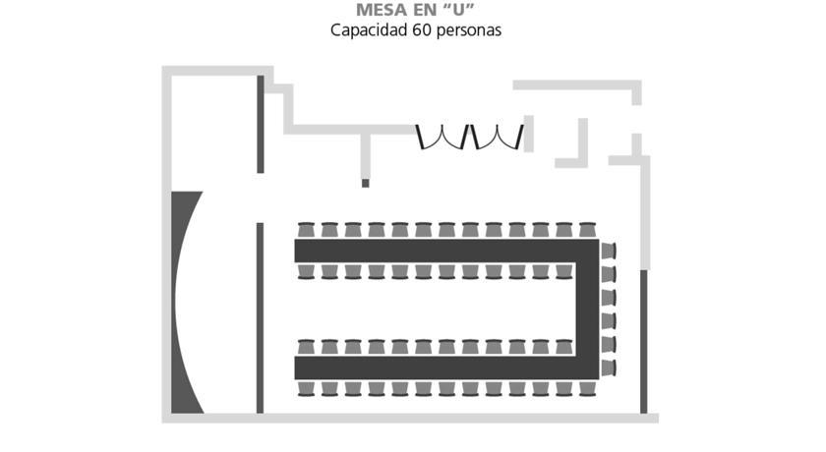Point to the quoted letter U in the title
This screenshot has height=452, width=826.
[461, 10]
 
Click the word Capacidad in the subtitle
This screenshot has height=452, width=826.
[367, 30]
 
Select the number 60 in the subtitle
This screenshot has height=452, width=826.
[420, 30]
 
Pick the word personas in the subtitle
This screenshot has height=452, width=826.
[468, 30]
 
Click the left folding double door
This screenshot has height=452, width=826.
[442, 137]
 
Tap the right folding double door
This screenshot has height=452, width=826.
[498, 137]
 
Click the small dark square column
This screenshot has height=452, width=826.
[366, 183]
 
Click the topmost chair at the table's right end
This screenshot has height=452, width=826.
[609, 250]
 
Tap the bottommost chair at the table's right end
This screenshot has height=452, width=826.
[609, 367]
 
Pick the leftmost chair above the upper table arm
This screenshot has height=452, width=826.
[306, 230]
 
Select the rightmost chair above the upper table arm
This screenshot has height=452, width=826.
[587, 230]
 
